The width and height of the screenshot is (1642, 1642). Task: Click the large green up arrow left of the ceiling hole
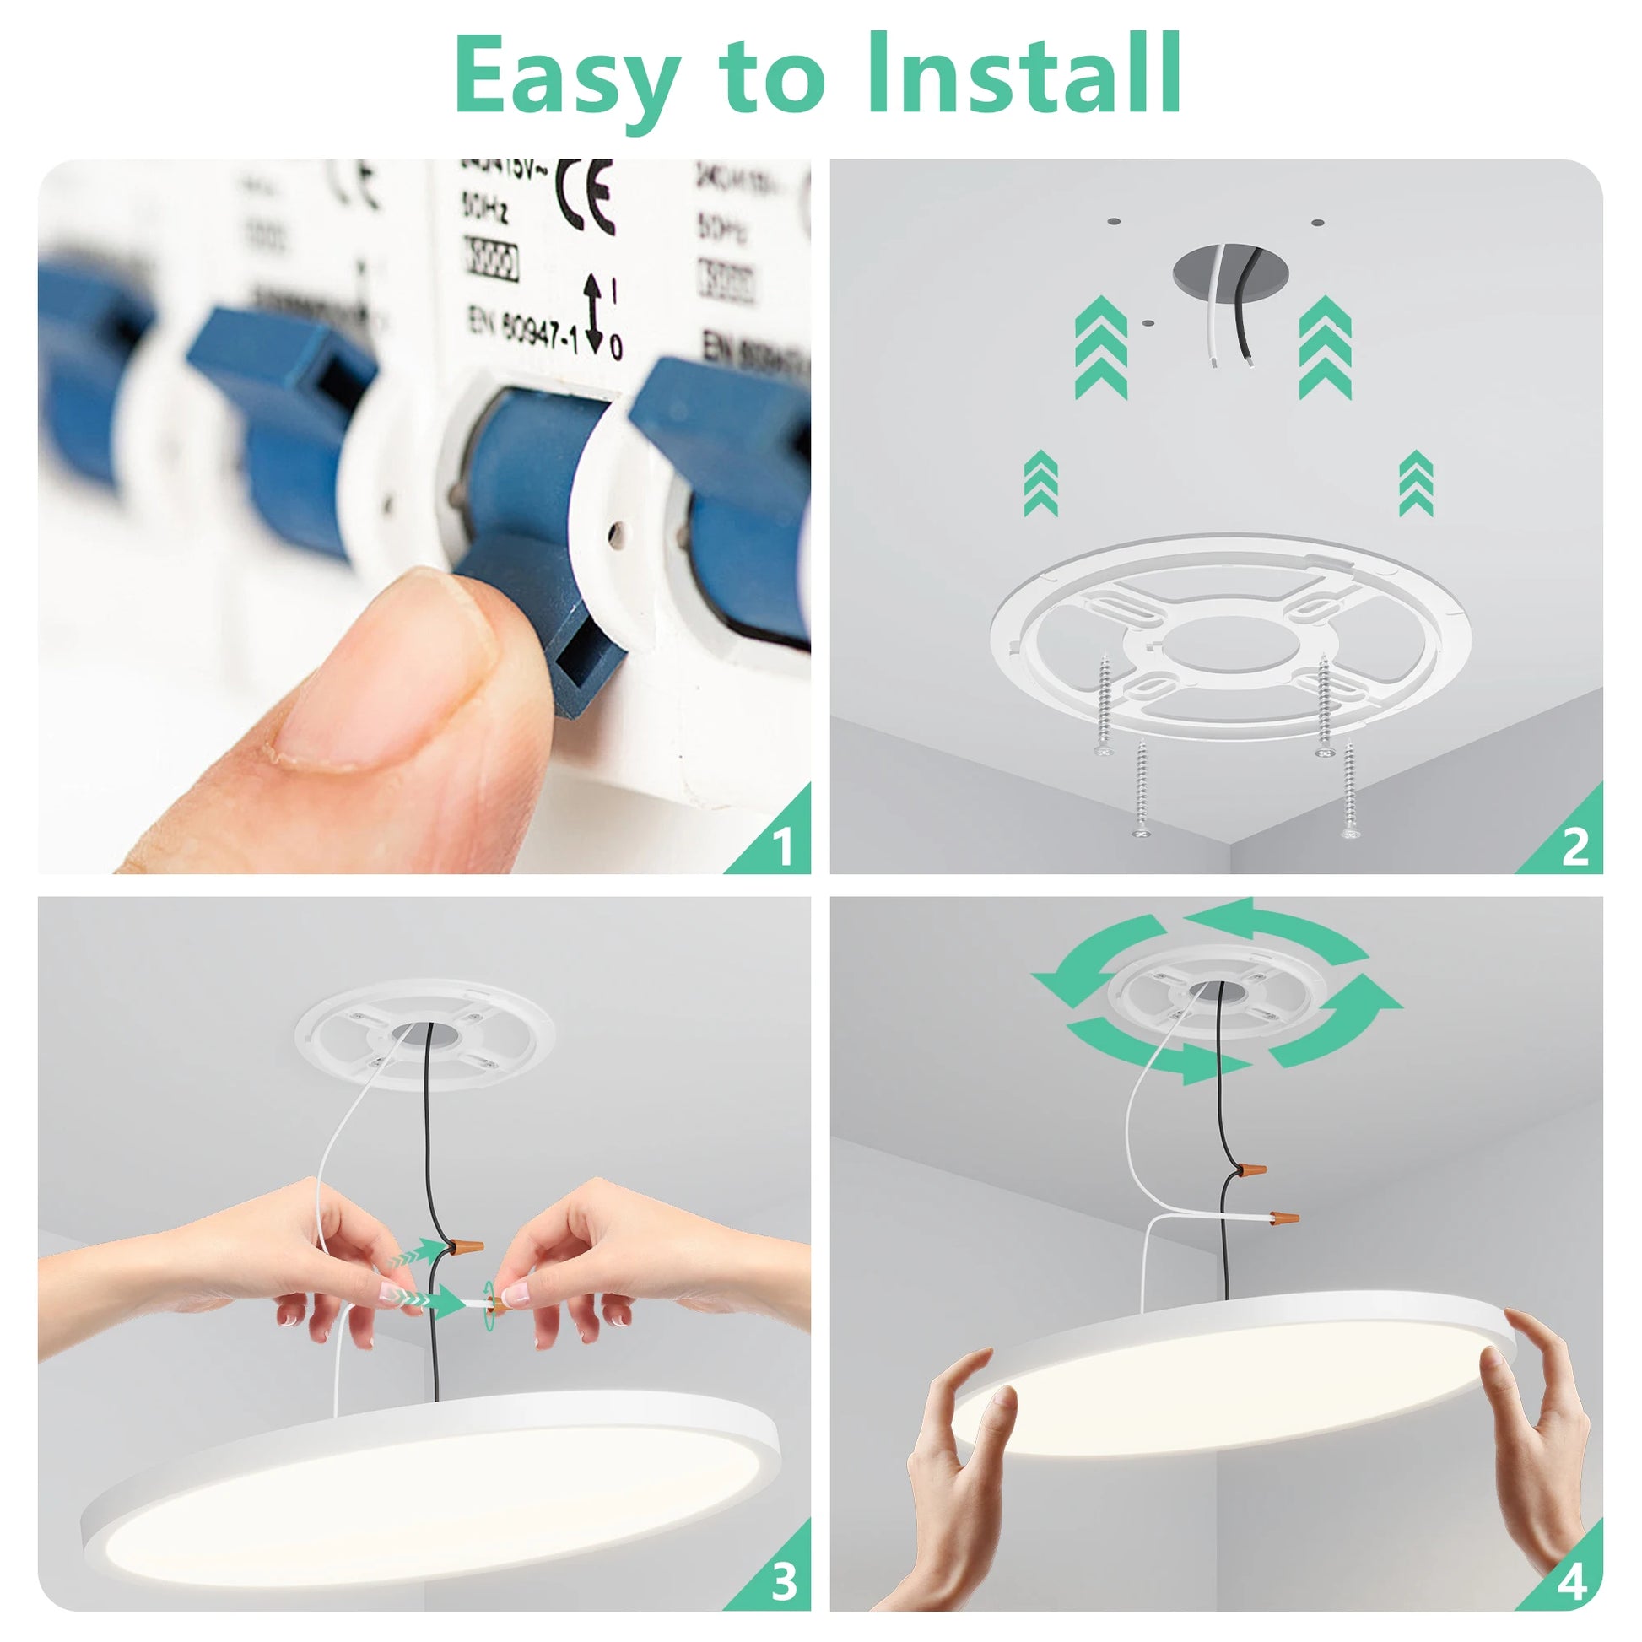[1100, 348]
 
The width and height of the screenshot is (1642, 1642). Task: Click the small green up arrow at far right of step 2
[1415, 484]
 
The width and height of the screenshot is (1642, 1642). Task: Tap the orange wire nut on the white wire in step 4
[1283, 1218]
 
